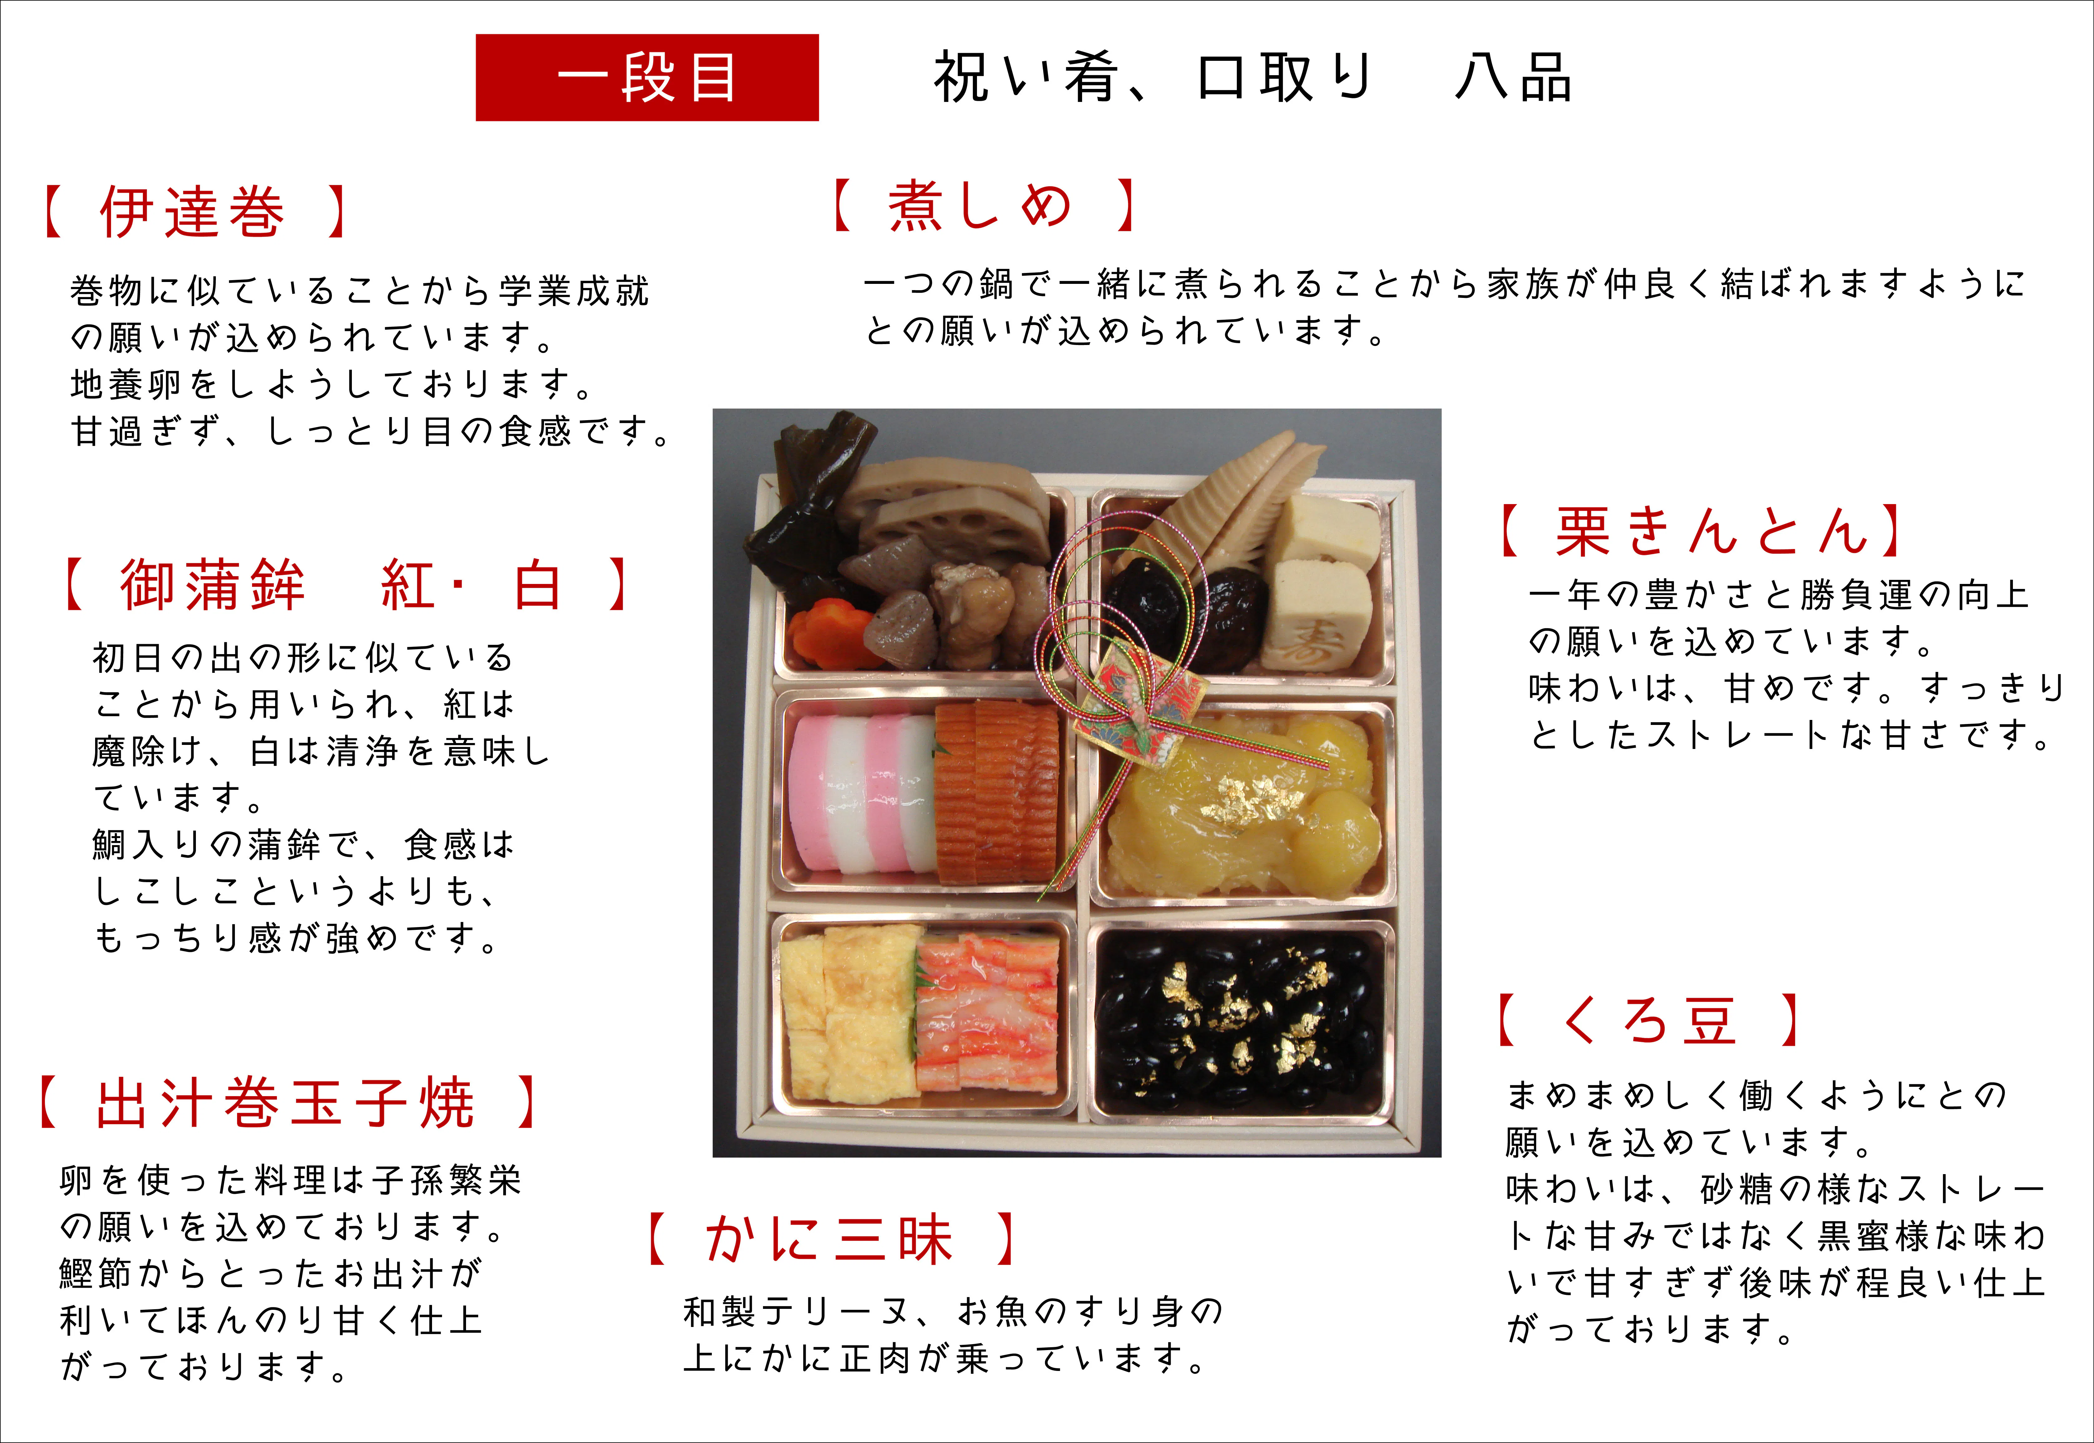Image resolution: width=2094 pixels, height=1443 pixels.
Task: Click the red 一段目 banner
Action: coord(646,78)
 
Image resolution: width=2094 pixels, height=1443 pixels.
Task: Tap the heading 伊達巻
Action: coord(192,212)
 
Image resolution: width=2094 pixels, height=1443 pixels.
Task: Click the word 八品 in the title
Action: coord(1513,78)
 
